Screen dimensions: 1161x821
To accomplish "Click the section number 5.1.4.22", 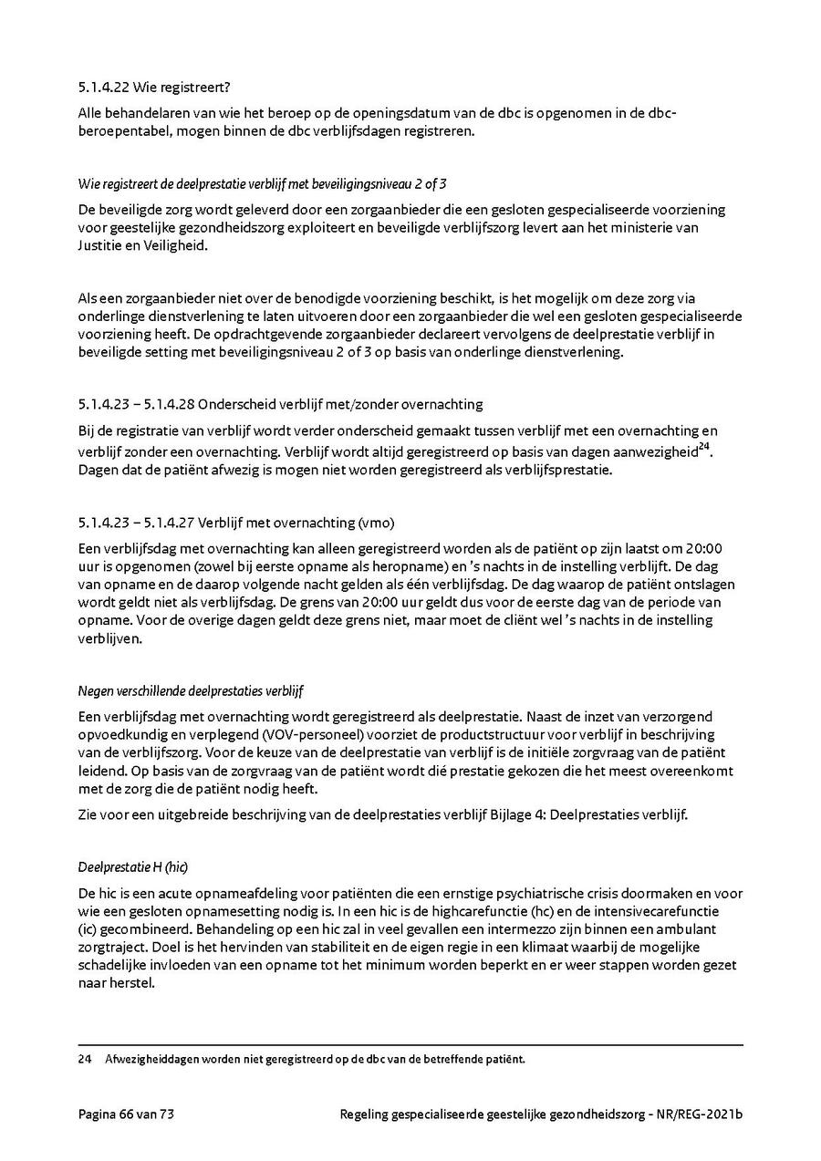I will pos(103,88).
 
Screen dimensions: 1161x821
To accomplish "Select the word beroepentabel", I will pos(121,131).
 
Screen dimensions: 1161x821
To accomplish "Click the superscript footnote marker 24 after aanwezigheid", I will pos(703,447).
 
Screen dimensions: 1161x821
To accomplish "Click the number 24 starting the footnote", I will pos(86,1060).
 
